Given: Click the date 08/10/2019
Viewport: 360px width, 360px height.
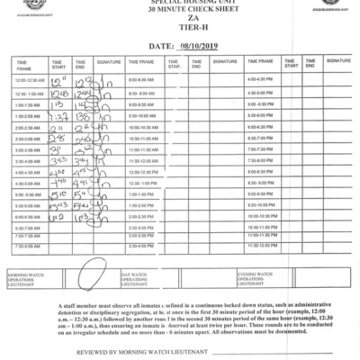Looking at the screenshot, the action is tap(199, 44).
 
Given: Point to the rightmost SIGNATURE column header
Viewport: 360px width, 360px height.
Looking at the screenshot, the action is tap(338, 61).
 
